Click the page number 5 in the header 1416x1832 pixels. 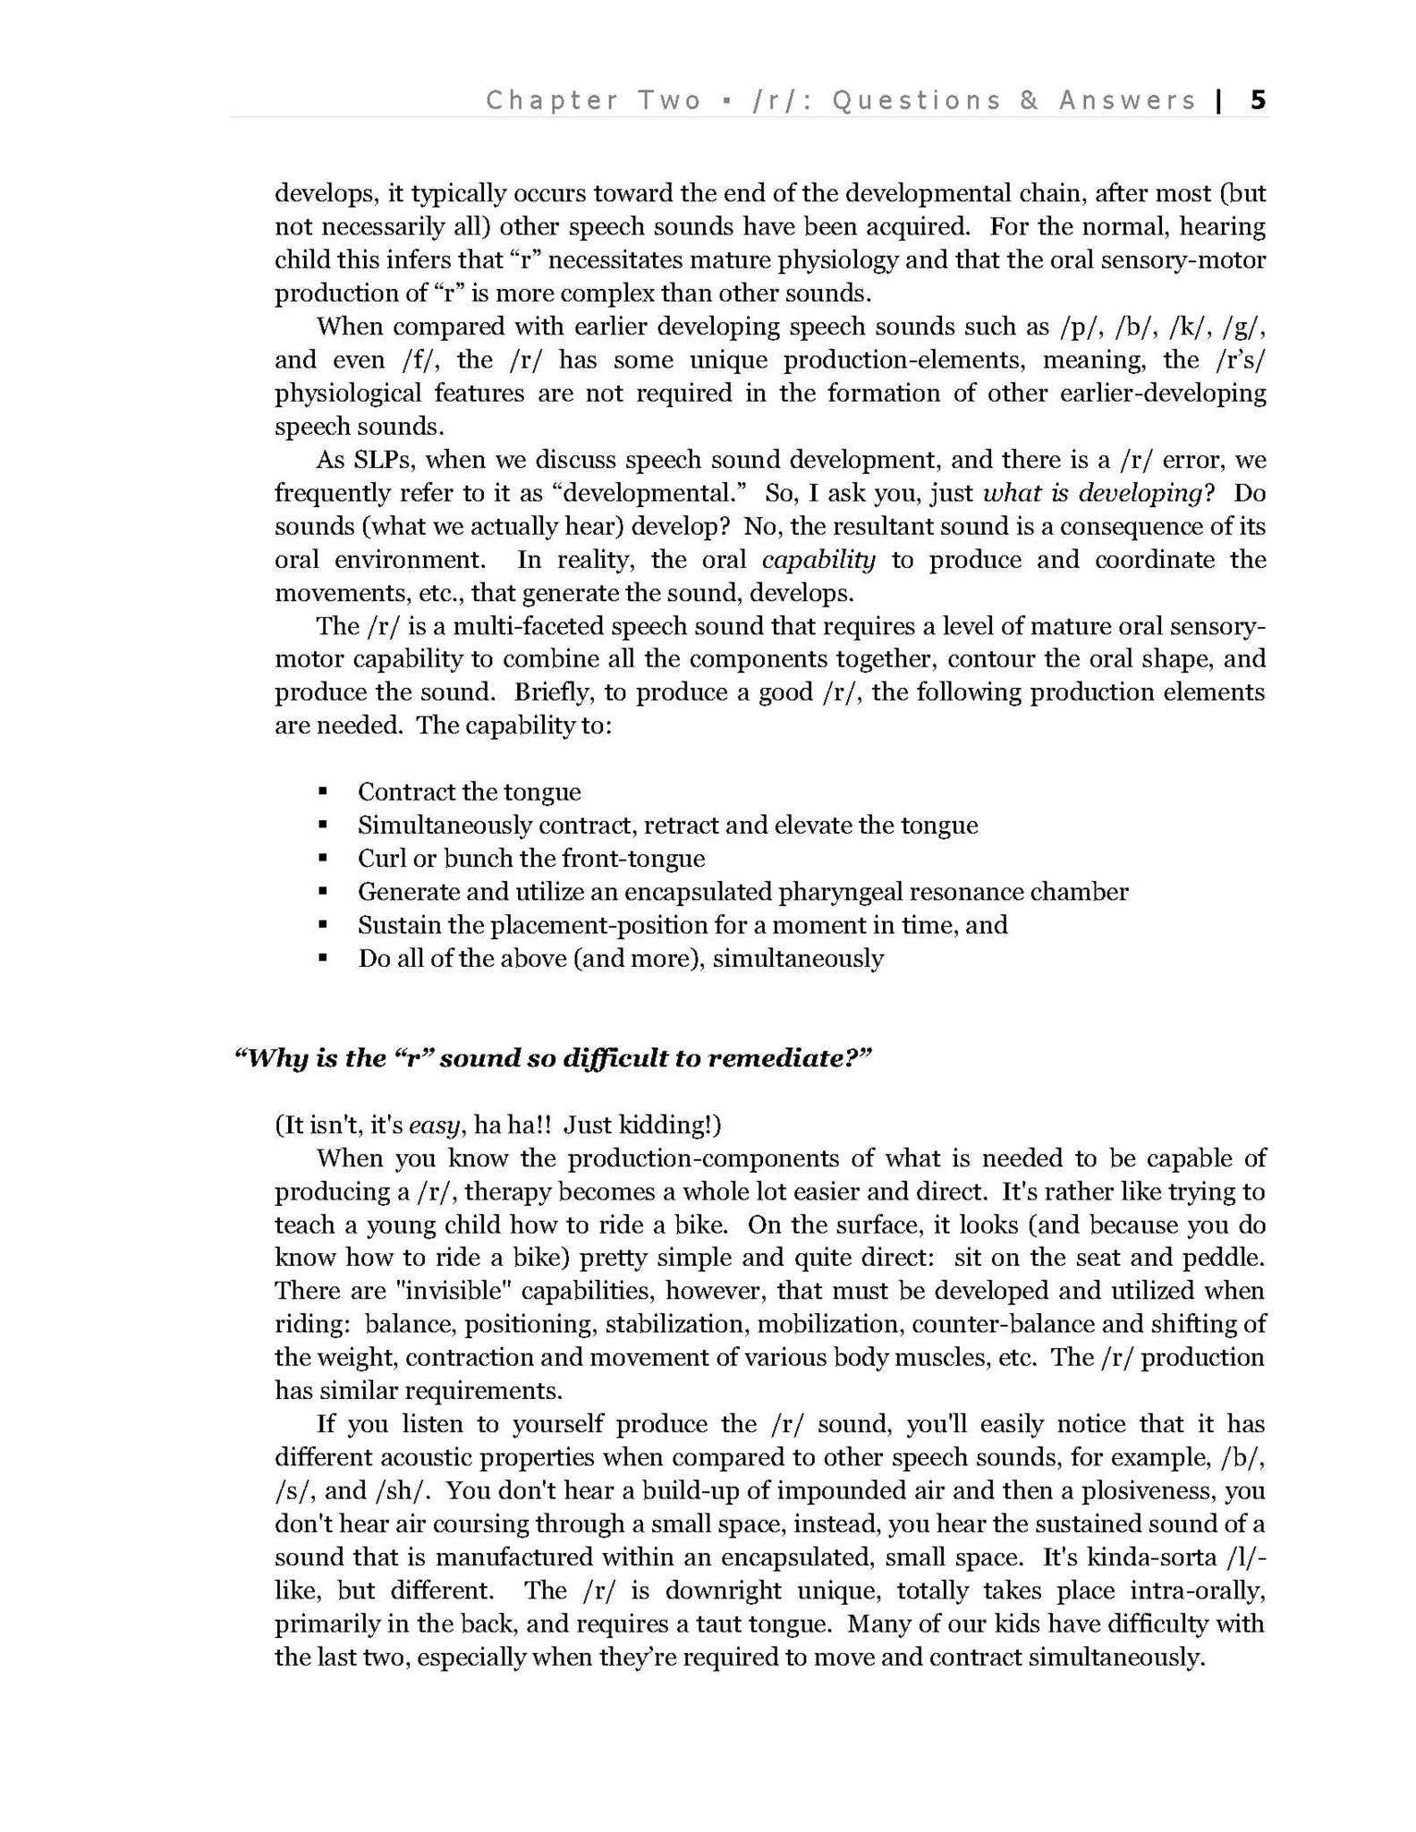1258,100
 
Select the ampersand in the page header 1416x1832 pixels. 1030,100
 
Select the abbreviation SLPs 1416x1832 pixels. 367,460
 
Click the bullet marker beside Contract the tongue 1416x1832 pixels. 322,793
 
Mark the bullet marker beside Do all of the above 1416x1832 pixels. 322,959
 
